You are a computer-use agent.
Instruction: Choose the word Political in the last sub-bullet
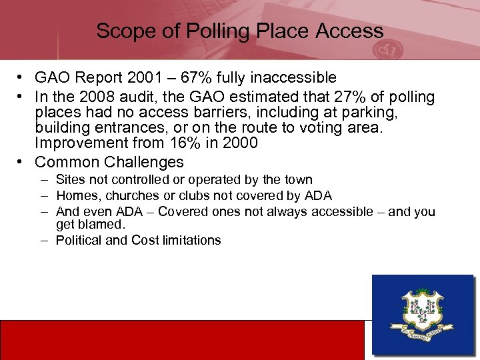pos(79,240)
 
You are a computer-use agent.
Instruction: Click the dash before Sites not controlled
pos(43,179)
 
